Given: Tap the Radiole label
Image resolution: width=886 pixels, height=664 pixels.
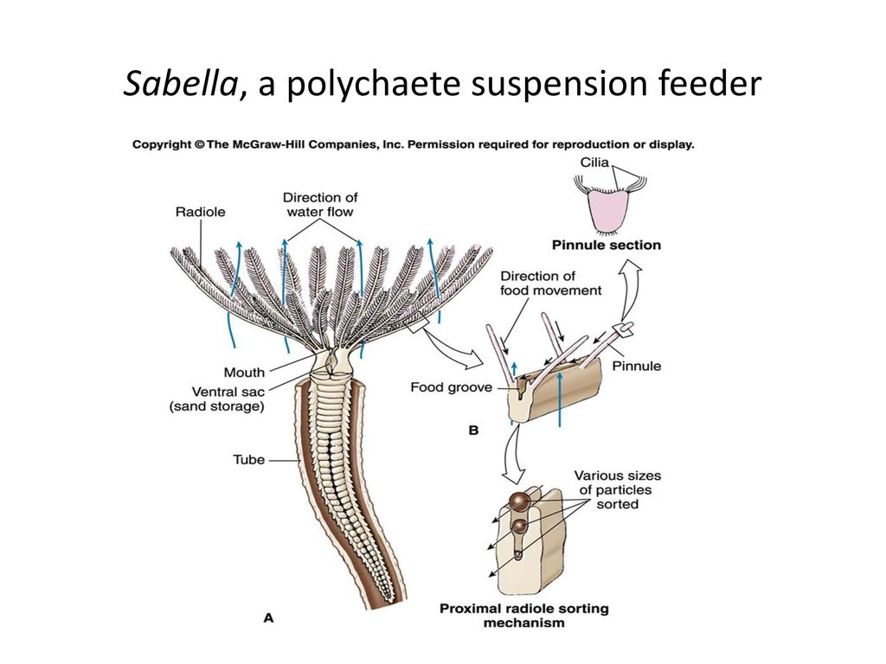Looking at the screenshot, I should pyautogui.click(x=202, y=210).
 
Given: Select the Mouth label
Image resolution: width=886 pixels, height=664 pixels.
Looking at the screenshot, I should pyautogui.click(x=244, y=373).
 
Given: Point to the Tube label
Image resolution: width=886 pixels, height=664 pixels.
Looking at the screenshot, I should pyautogui.click(x=248, y=460).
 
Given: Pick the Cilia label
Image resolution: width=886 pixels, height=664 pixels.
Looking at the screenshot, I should pyautogui.click(x=594, y=162).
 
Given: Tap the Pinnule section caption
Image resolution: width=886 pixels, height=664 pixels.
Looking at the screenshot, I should pyautogui.click(x=607, y=245).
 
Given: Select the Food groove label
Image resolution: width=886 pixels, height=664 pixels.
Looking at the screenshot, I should pyautogui.click(x=451, y=387).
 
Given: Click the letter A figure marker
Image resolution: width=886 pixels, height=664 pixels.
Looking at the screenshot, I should pyautogui.click(x=268, y=617).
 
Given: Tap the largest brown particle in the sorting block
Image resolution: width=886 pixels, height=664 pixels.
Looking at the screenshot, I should pyautogui.click(x=519, y=501).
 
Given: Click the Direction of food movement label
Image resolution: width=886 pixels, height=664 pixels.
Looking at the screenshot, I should pyautogui.click(x=550, y=284).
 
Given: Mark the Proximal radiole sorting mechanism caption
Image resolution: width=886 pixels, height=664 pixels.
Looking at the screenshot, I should pyautogui.click(x=523, y=615).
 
